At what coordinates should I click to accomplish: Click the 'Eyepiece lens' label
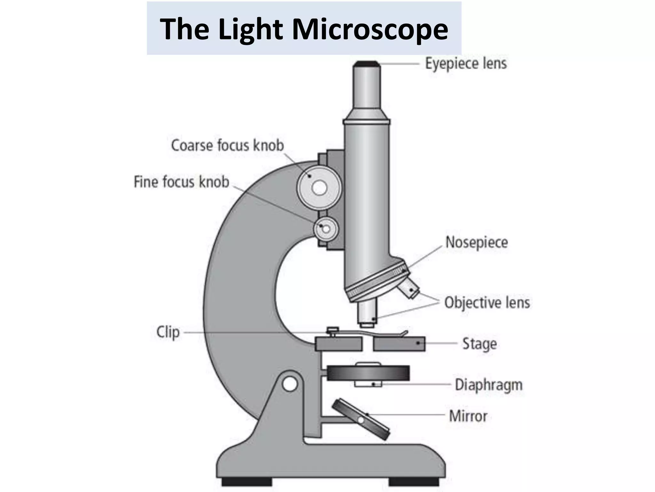[466, 63]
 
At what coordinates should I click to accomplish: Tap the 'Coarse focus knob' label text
[227, 145]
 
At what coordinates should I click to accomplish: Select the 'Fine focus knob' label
[181, 182]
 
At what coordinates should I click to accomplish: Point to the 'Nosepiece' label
[477, 242]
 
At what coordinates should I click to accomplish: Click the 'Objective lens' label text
[487, 303]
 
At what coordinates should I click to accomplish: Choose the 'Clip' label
[168, 332]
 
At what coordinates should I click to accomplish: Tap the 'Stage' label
[479, 344]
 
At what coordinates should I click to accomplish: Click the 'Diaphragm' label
[488, 385]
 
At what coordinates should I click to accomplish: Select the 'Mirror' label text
[468, 416]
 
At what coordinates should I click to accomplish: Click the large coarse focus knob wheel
[319, 188]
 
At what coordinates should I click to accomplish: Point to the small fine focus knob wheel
[326, 229]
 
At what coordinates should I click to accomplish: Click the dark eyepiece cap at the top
[367, 64]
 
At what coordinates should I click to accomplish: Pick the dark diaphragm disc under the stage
[368, 373]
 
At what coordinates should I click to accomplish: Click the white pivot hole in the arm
[290, 384]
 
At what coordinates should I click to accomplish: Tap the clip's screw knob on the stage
[332, 330]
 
